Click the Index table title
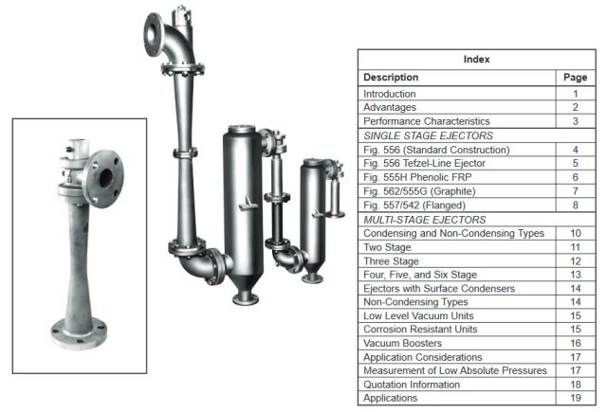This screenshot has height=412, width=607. pos(476,59)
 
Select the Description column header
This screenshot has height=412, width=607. pos(392,77)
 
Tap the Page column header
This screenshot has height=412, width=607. pos(576,77)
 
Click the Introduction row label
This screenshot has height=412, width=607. pos(390,94)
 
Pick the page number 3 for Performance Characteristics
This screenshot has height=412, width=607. pos(575,121)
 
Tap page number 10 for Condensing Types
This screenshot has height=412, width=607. pos(575,233)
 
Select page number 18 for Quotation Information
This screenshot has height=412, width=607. pos(575,385)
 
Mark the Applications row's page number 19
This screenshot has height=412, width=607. pos(575,399)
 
